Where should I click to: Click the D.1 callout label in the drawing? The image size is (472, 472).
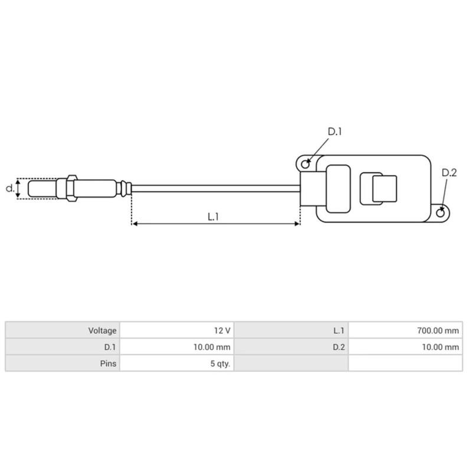tap(335, 132)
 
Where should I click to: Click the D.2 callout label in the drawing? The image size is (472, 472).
tap(449, 172)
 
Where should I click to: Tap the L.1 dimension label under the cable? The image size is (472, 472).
tap(214, 217)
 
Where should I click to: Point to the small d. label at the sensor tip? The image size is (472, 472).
tap(9, 189)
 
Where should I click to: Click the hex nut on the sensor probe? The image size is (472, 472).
tap(71, 189)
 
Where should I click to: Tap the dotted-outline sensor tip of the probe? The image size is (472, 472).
tap(41, 189)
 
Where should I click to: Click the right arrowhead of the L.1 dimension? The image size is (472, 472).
tap(297, 224)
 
